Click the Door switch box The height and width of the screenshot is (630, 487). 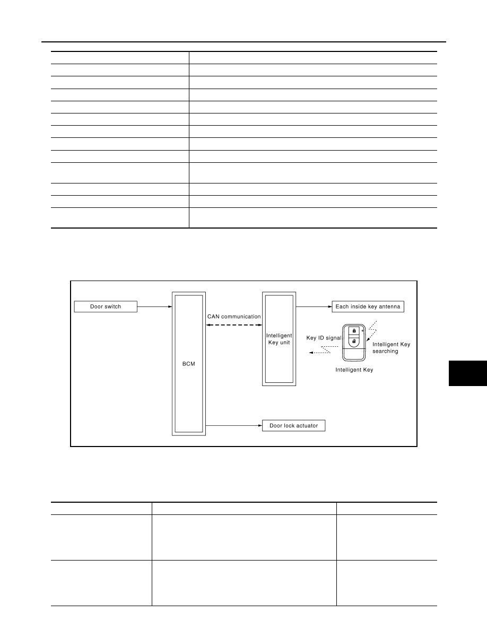pyautogui.click(x=106, y=307)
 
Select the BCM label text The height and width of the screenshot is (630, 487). pyautogui.click(x=188, y=364)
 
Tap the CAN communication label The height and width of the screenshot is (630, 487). pyautogui.click(x=234, y=317)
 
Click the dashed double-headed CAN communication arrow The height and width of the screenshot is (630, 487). pyautogui.click(x=234, y=325)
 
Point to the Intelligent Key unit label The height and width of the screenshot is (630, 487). pyautogui.click(x=279, y=339)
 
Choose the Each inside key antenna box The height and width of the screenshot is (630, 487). pyautogui.click(x=368, y=307)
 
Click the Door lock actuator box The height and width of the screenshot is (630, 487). pyautogui.click(x=294, y=425)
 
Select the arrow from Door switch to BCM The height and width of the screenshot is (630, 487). pyautogui.click(x=155, y=307)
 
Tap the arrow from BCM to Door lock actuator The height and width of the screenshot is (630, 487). pyautogui.click(x=234, y=425)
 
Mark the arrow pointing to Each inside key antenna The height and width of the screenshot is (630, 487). pyautogui.click(x=314, y=307)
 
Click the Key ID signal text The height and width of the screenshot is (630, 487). pyautogui.click(x=324, y=338)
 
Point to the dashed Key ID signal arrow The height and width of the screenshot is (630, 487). pyautogui.click(x=320, y=350)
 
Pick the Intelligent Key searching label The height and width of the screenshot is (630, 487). pyautogui.click(x=392, y=347)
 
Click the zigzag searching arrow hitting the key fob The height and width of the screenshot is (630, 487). pyautogui.click(x=372, y=331)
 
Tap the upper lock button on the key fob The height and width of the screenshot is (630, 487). pyautogui.click(x=354, y=331)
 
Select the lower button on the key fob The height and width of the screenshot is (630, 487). pyautogui.click(x=354, y=342)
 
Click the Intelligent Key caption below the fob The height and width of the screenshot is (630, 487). pyautogui.click(x=354, y=370)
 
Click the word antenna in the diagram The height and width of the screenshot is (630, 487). pyautogui.click(x=389, y=307)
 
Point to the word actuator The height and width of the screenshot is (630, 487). pyautogui.click(x=307, y=425)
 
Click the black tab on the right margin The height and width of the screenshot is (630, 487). pyautogui.click(x=468, y=373)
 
